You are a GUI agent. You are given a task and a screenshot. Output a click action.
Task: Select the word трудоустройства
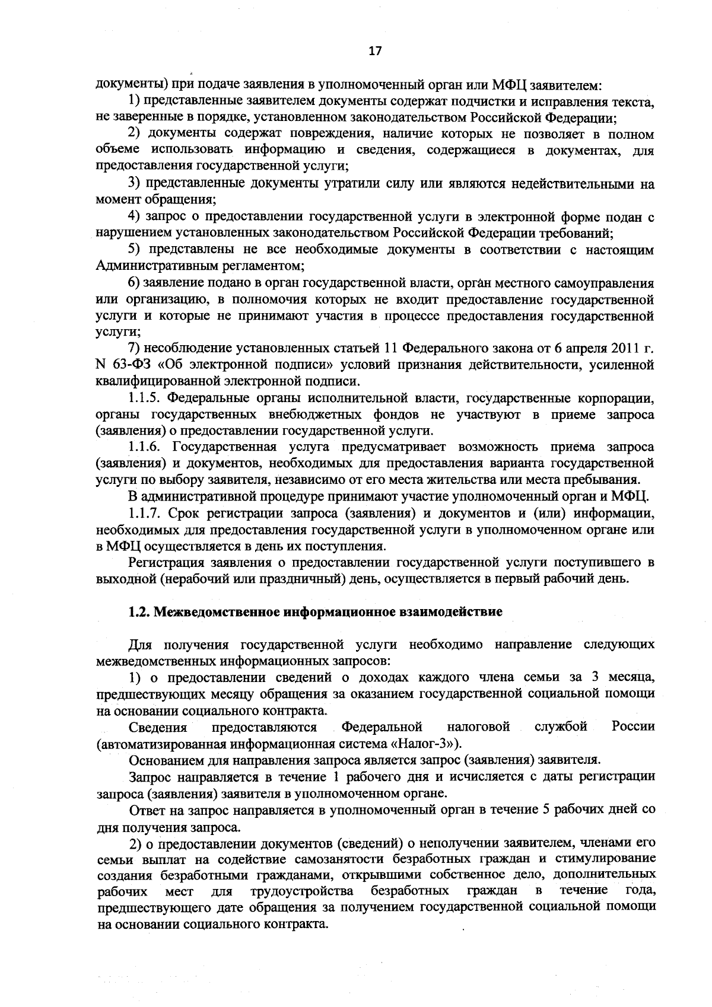click(x=302, y=891)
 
